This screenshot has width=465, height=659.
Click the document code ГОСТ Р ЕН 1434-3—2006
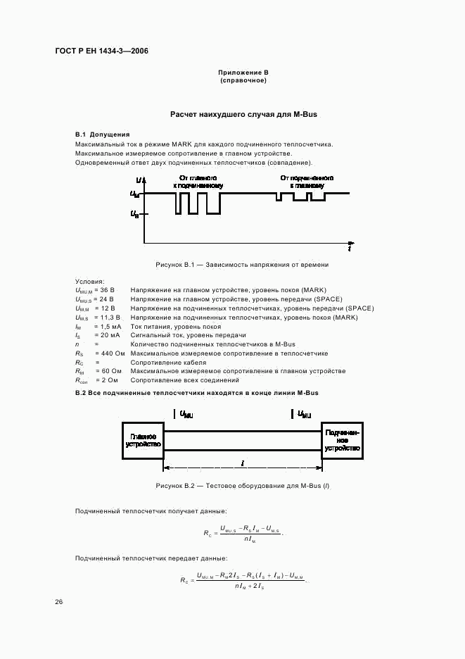[102, 51]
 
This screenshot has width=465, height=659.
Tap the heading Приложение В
[243, 73]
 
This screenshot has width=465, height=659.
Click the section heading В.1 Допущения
[102, 134]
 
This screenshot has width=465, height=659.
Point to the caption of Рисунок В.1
[242, 265]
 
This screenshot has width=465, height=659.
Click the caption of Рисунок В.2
[242, 487]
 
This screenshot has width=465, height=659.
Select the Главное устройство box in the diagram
[143, 441]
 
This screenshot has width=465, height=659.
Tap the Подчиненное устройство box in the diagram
[343, 441]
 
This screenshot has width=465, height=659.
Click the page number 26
[59, 602]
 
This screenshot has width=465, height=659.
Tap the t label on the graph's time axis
[350, 249]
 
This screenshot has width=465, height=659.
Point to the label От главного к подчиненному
[198, 182]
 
